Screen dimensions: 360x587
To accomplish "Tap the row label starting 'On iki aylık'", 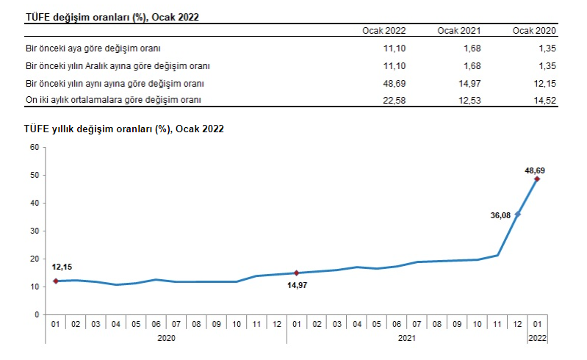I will (113, 99).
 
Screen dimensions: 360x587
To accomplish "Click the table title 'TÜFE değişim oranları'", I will (112, 16).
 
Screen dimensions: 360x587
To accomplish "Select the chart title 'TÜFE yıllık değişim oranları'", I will (124, 129).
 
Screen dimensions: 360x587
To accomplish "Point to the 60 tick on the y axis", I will (34, 147).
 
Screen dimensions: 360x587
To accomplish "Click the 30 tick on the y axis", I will (34, 231).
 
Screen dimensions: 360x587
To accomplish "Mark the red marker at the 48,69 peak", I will (537, 179).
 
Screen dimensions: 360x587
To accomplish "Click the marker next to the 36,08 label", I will (517, 214).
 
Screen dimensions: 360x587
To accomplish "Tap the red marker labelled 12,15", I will (55, 281).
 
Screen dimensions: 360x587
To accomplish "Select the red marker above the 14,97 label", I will (296, 273).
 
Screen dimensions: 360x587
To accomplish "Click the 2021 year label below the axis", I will (407, 337).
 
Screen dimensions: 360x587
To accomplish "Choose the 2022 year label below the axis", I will (537, 337).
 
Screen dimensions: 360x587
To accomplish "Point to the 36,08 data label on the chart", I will (500, 215).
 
